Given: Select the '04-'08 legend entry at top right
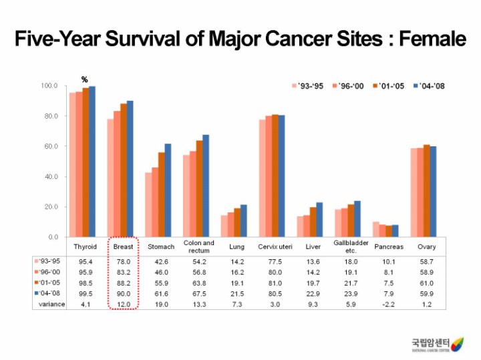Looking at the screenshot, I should pos(429,86).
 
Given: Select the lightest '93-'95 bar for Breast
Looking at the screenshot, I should pos(110,178).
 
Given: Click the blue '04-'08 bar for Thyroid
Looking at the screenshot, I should pos(92,161).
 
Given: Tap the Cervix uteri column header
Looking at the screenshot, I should pos(275,246).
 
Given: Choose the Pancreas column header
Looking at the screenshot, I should pos(389,246).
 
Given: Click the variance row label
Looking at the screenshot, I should pos(51,305).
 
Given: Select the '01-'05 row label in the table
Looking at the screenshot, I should pos(51,283).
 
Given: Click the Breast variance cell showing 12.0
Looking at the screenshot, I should pos(123,305).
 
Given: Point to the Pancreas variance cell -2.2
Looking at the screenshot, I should pos(389,305).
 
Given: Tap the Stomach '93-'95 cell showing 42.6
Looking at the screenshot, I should pos(161,261).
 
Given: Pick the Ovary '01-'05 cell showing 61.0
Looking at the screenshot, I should pos(427,283).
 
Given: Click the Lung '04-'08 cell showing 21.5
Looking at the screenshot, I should pos(237,294).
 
